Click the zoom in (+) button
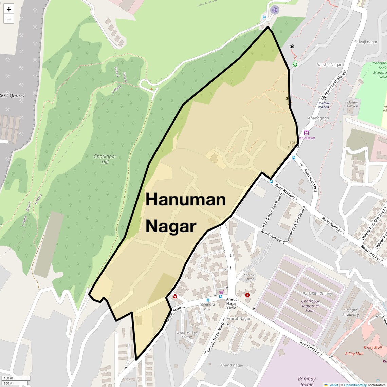pyautogui.click(x=9, y=9)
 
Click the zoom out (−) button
pyautogui.click(x=9, y=19)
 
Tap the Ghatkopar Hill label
pyautogui.click(x=105, y=159)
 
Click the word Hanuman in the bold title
pyautogui.click(x=186, y=199)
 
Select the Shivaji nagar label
pyautogui.click(x=366, y=42)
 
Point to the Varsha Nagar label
pyautogui.click(x=329, y=65)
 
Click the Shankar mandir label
pyautogui.click(x=324, y=105)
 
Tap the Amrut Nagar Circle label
pyautogui.click(x=232, y=303)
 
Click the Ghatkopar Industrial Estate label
pyautogui.click(x=310, y=306)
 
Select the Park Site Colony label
pyautogui.click(x=317, y=294)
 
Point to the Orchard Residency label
pyautogui.click(x=350, y=312)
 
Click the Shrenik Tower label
pyautogui.click(x=249, y=277)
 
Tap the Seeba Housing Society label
pyautogui.click(x=187, y=335)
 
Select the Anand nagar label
pyautogui.click(x=232, y=365)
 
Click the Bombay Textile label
pyautogui.click(x=307, y=382)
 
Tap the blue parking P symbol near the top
pyautogui.click(x=264, y=18)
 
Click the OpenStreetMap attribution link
pyautogui.click(x=355, y=385)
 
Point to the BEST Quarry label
pyautogui.click(x=12, y=96)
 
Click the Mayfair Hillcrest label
pyautogui.click(x=353, y=104)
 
